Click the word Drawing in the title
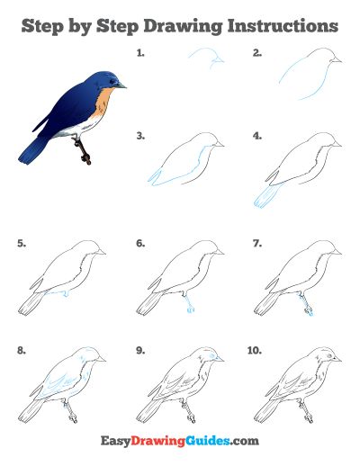(x=183, y=26)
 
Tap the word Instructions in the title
(x=283, y=25)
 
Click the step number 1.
(x=140, y=53)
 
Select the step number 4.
(x=257, y=136)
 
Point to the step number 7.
(x=257, y=243)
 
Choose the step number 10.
(x=255, y=350)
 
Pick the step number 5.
(x=22, y=243)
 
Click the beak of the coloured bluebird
(x=121, y=85)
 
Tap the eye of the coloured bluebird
(x=112, y=81)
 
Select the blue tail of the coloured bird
(x=32, y=151)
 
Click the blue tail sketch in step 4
(x=268, y=196)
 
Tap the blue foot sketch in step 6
(x=188, y=303)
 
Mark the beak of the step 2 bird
(x=336, y=60)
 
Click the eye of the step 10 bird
(x=330, y=355)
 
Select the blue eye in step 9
(x=212, y=355)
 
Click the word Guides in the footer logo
(x=208, y=441)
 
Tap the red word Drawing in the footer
(x=158, y=442)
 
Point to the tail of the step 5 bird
(x=31, y=303)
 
